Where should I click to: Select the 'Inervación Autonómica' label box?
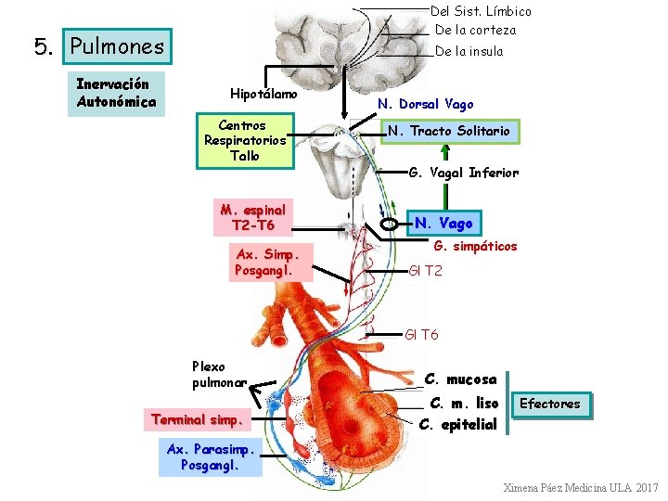click(116, 93)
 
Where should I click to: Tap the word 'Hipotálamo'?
click(263, 94)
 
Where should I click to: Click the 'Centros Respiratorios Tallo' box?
click(245, 141)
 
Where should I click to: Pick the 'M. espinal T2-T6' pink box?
click(252, 216)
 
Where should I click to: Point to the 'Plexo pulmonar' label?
click(219, 374)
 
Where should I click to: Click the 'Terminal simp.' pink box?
click(198, 419)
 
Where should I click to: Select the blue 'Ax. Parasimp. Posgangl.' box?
click(211, 457)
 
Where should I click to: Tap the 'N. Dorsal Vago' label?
click(425, 105)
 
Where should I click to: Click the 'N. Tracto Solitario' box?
click(448, 131)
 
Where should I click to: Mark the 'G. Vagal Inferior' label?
click(463, 173)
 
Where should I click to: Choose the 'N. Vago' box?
click(443, 223)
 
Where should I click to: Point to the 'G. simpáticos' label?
click(476, 247)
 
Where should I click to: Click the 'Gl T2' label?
click(426, 271)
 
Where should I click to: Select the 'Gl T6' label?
click(422, 334)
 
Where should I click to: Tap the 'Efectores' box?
click(550, 404)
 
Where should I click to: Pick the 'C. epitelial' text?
click(458, 426)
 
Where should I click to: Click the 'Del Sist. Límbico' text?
click(482, 11)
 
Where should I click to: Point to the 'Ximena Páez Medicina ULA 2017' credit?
click(580, 488)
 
